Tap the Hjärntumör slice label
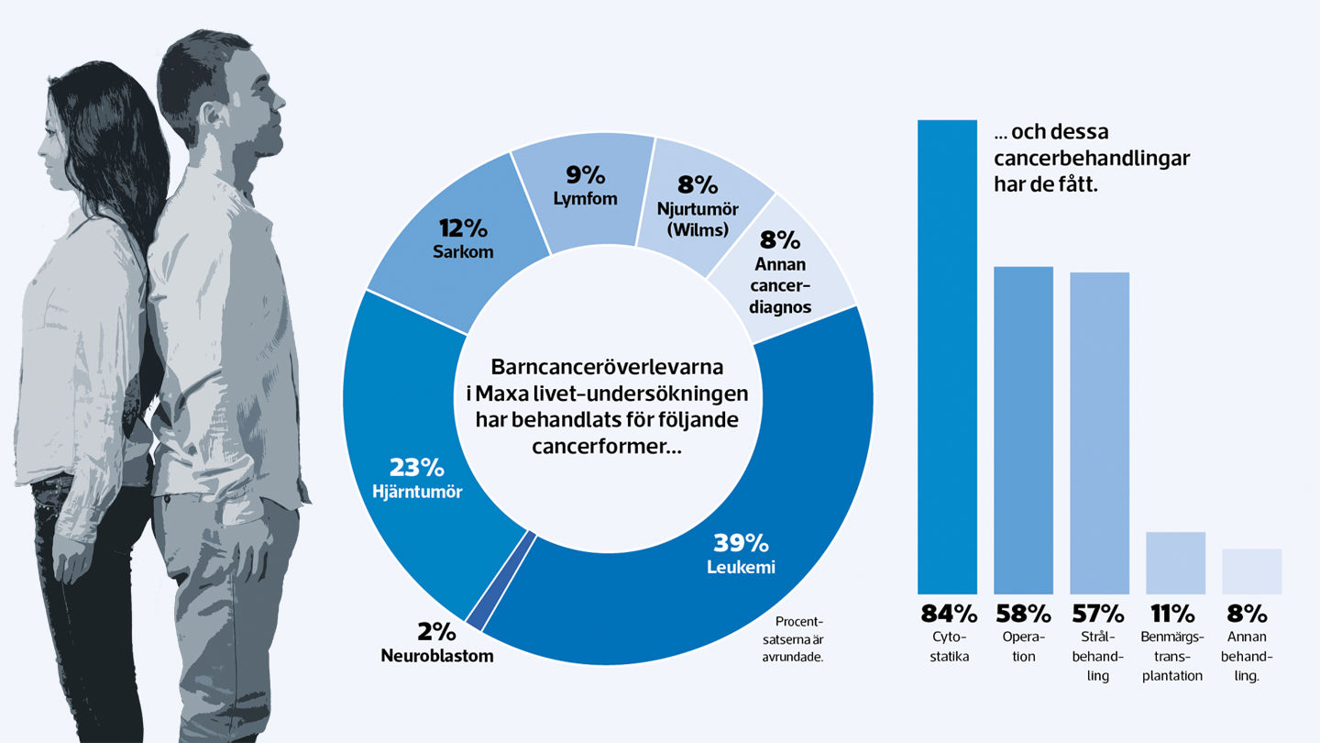417,492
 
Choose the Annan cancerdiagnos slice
780,275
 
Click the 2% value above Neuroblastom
436,633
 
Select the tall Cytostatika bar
947,358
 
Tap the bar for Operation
1023,431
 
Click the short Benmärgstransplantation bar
1175,562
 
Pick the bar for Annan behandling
1251,571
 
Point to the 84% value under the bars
947,614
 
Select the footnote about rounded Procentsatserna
794,638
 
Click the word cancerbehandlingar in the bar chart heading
1092,159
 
